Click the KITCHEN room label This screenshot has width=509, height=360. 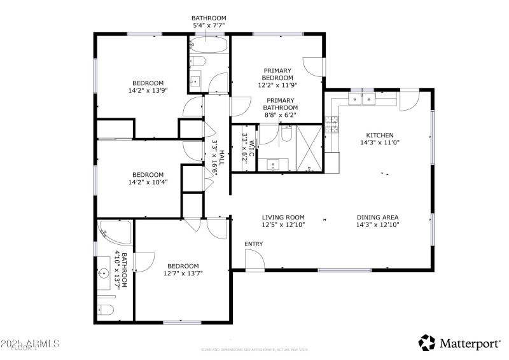pos(379,135)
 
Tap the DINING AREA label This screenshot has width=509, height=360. pos(377,216)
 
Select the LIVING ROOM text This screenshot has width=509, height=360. pos(283,216)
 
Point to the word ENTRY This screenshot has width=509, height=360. pos(253,244)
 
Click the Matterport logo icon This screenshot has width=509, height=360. pos(426,343)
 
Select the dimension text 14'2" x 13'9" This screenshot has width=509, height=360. pos(148,91)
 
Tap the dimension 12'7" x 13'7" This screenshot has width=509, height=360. pos(183,274)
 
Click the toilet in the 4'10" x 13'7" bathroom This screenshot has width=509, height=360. pos(106,310)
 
